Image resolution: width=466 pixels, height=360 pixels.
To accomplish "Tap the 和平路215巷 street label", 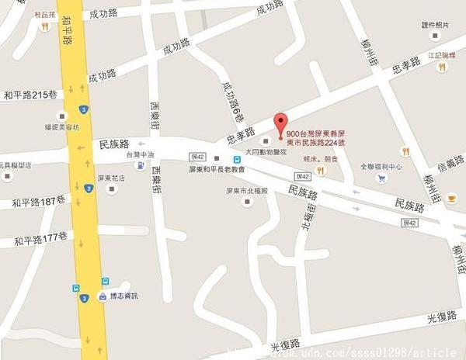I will pos(30,95).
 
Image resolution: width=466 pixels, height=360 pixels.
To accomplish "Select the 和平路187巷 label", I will pos(40,202).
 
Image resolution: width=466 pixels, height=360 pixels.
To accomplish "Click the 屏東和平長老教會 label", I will pos(217,168).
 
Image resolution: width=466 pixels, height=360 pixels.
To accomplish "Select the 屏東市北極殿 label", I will pos(247,190).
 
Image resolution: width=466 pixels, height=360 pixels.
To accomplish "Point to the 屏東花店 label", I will pos(111,177).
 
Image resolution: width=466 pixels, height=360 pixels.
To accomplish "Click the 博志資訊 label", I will pos(124,296).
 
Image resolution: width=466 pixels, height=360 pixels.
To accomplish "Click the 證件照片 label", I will pos(435,26).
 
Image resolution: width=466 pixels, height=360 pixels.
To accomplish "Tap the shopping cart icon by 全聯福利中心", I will pos(381,178).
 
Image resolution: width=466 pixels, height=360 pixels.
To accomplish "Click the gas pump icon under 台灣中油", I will pos(140,165).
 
